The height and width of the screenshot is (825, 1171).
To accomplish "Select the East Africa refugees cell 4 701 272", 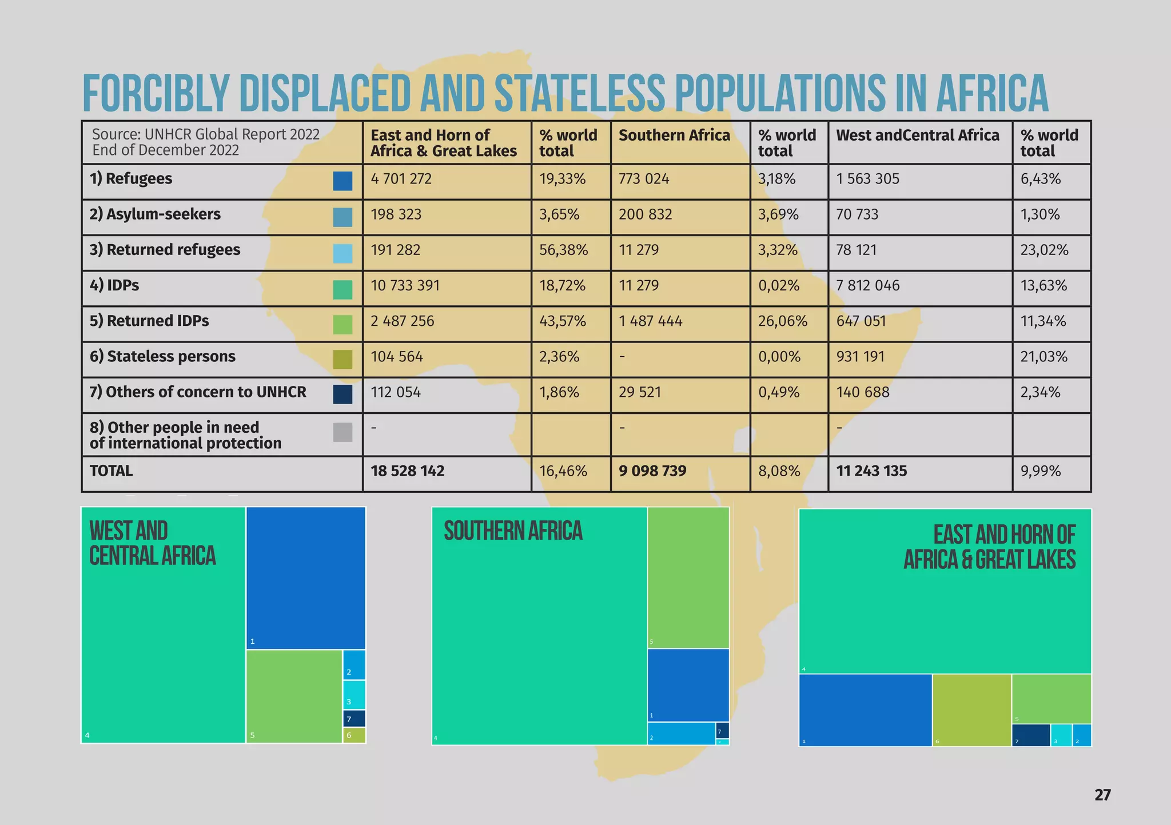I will pyautogui.click(x=401, y=179).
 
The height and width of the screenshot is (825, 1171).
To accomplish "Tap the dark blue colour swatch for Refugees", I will pyautogui.click(x=342, y=181).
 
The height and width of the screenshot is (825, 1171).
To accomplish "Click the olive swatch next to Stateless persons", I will pyautogui.click(x=342, y=359).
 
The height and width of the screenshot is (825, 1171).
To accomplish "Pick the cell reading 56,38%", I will pyautogui.click(x=563, y=250).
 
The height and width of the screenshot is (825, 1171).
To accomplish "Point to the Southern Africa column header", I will pyautogui.click(x=674, y=135).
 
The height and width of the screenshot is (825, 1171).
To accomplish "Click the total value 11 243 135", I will pyautogui.click(x=871, y=471).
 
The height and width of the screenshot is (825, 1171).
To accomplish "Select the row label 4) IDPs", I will pyautogui.click(x=114, y=285).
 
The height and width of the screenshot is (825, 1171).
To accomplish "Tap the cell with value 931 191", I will pyautogui.click(x=860, y=357).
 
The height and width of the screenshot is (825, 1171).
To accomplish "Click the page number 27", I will pyautogui.click(x=1102, y=795).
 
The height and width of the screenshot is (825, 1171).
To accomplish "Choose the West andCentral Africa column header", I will pyautogui.click(x=917, y=135).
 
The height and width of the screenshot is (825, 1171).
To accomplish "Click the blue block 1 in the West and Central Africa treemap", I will pyautogui.click(x=306, y=577).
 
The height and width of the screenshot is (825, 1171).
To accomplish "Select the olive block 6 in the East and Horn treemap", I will pyautogui.click(x=971, y=710).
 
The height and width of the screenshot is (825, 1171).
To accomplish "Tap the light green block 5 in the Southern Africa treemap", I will pyautogui.click(x=688, y=577).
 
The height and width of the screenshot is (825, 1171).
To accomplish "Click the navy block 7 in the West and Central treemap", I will pyautogui.click(x=354, y=718).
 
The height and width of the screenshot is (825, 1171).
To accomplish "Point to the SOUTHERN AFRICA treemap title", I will pyautogui.click(x=513, y=531).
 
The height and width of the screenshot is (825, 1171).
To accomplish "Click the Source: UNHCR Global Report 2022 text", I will pyautogui.click(x=206, y=134).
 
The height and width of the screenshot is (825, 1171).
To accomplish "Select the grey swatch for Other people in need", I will pyautogui.click(x=342, y=432).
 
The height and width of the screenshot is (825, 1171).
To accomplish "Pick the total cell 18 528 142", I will pyautogui.click(x=407, y=471).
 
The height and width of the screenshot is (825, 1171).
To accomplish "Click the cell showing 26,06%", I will pyautogui.click(x=782, y=321).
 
